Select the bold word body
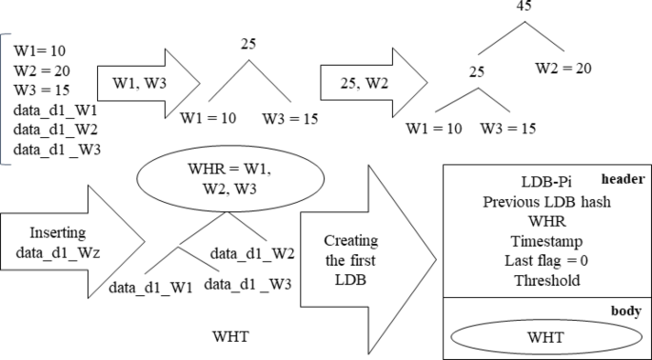[628, 310]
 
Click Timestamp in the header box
[544, 242]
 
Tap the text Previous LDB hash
[544, 202]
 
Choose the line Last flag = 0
[544, 262]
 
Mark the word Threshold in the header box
[544, 282]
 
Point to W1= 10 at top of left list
[40, 49]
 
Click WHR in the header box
[544, 222]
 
